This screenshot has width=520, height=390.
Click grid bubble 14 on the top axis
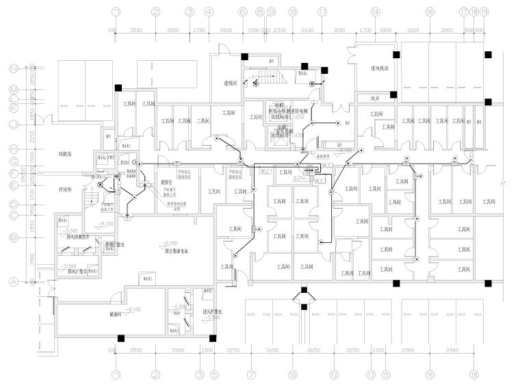pos(375,12)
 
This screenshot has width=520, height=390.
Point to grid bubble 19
pos(484,12)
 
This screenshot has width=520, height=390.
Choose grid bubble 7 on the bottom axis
pos(251,375)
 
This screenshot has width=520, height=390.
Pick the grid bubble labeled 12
pos(334,375)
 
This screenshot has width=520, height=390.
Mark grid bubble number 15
pos(386,375)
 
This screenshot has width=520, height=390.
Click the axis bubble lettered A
pos(12,281)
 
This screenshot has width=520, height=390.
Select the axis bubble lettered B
pos(12,237)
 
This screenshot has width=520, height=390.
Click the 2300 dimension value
pos(279,31)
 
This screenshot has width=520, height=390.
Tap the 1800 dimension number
pos(386,31)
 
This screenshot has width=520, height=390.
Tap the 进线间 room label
pos(231,83)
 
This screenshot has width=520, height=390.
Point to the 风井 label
pos(375,99)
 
